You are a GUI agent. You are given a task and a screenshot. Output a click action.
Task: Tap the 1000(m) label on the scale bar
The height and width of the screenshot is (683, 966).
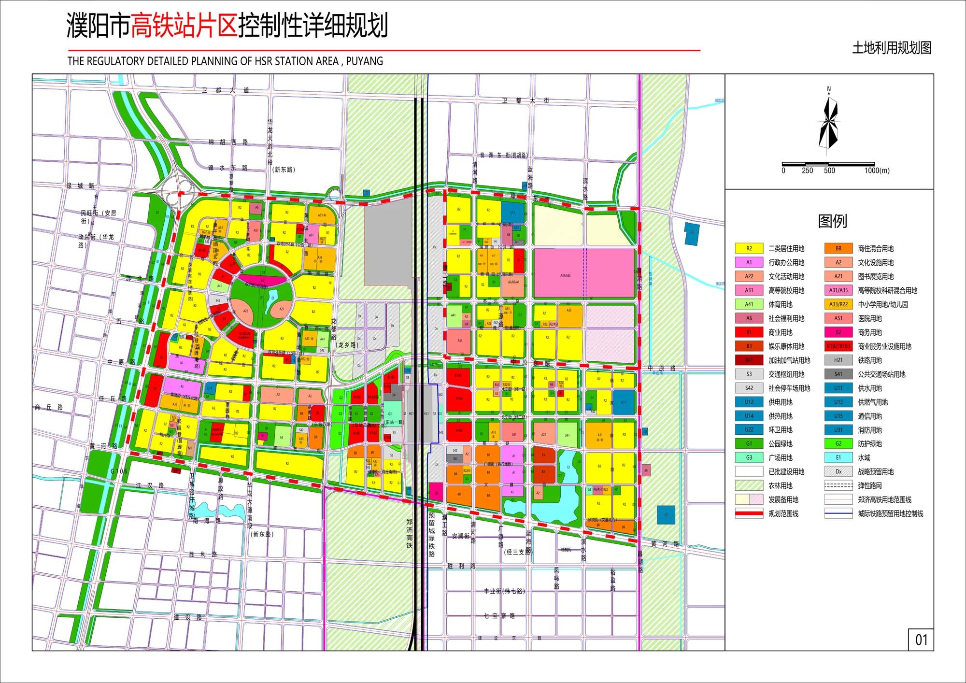[x=877, y=171]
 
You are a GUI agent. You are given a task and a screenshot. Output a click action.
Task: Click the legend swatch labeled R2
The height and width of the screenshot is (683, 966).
[x=749, y=249]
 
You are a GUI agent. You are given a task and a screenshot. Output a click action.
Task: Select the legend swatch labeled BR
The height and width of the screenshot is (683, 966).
[x=838, y=249]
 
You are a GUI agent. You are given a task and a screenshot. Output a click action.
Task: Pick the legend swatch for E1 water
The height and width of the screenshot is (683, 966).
[x=838, y=457]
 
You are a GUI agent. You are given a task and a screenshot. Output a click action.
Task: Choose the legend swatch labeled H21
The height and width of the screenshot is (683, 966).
[x=838, y=360]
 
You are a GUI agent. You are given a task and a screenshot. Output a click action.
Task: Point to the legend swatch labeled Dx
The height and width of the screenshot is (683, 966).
[x=838, y=472]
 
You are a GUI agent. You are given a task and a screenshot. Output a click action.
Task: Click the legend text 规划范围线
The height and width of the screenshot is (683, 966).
[x=783, y=514]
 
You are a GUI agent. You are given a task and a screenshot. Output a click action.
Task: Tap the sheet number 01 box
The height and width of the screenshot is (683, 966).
[x=921, y=640]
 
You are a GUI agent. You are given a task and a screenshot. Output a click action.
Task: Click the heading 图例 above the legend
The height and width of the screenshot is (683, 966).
[x=832, y=221]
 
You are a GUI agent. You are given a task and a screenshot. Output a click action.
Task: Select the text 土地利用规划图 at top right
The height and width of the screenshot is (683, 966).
[x=892, y=48]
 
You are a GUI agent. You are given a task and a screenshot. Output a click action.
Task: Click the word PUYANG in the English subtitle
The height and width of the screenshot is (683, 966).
[x=365, y=61]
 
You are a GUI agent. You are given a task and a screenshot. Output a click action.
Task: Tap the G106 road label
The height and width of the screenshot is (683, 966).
[x=119, y=471]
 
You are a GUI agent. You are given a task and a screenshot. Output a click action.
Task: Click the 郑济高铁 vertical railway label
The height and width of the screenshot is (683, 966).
[x=410, y=534]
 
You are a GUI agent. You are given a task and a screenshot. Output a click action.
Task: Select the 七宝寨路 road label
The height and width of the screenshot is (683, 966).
[x=499, y=616]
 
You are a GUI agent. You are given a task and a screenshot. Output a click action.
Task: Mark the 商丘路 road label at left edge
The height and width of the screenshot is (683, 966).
[x=49, y=407]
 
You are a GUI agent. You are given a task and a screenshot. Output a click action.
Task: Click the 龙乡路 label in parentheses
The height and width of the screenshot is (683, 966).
[x=347, y=345]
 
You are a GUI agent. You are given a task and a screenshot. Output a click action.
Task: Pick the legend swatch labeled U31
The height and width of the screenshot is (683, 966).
[x=838, y=430]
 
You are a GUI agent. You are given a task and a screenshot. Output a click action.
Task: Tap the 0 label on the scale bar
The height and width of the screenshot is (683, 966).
[x=783, y=171]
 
